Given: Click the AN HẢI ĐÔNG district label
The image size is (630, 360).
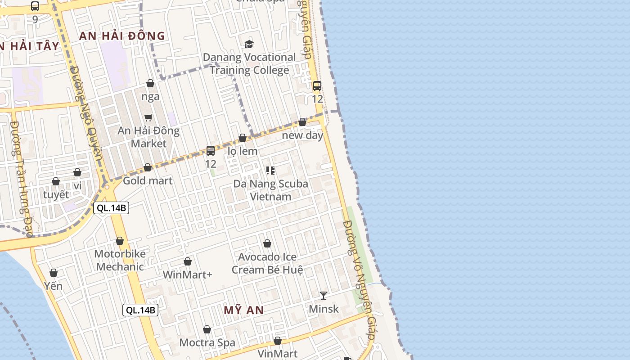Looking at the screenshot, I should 122,36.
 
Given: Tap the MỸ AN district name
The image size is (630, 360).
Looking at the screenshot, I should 243,310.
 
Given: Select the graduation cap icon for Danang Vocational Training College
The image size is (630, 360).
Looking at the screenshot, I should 249,44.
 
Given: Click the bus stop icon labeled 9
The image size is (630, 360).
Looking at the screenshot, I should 35,6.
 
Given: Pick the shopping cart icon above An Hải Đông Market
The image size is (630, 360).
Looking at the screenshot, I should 148,117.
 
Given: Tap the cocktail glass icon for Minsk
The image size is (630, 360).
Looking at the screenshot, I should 323,296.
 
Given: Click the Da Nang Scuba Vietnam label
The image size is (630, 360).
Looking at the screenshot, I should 270,190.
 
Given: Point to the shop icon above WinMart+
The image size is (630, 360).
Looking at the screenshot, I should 188,261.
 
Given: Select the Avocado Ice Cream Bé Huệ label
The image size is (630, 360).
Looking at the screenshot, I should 267,263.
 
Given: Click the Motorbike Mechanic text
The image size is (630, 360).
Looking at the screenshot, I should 120,260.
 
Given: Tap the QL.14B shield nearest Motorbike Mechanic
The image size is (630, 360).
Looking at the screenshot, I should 111,208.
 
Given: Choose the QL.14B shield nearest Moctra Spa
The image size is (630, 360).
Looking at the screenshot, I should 140,310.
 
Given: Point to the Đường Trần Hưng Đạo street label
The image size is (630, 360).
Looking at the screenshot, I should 21,180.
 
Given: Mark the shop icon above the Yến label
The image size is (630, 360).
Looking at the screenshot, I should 54,273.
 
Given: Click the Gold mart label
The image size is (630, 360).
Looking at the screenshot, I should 148,180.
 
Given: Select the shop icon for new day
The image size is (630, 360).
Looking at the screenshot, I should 302,122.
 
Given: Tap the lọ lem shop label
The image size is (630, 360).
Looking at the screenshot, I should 243,151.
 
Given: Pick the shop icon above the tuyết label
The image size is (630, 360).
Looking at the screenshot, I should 56,181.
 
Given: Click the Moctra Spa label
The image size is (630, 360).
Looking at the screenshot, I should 207,342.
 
